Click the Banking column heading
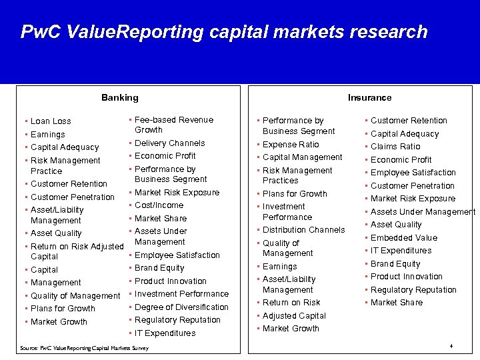[120, 97]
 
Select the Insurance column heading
[369, 97]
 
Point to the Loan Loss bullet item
[51, 121]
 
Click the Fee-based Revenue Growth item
[173, 125]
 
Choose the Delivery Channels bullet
[169, 143]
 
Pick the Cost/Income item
[159, 205]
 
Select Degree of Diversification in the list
[181, 307]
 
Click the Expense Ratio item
[291, 145]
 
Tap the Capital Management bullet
[302, 157]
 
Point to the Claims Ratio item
[395, 147]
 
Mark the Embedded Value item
[404, 238]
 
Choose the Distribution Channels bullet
[303, 230]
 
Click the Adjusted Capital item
[294, 316]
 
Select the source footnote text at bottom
[84, 348]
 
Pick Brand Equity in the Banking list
[159, 268]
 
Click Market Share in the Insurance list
[397, 303]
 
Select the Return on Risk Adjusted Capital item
[77, 251]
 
